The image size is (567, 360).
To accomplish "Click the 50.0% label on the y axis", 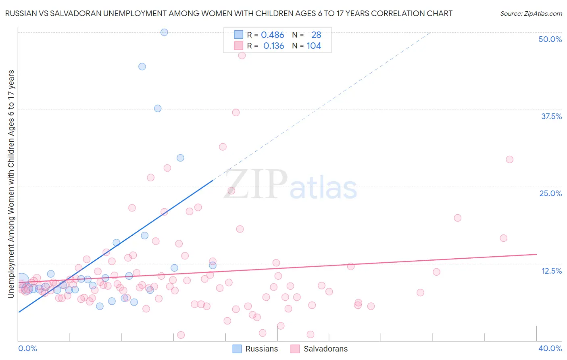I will (x=550, y=39).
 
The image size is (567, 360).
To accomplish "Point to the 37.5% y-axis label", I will (x=551, y=116).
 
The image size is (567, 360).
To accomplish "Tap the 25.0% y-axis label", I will (x=550, y=193).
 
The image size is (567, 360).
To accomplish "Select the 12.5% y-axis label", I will (x=551, y=271).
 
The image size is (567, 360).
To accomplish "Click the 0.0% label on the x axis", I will (x=27, y=348).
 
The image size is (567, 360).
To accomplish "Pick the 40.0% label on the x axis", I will (x=550, y=348).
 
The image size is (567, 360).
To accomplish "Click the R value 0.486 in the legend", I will (x=273, y=35).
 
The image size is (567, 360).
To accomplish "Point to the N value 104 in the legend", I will (x=314, y=46).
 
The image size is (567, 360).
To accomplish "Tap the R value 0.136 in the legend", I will (x=273, y=46).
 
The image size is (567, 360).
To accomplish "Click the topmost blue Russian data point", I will (x=164, y=32).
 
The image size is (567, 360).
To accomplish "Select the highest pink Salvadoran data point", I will (x=242, y=56).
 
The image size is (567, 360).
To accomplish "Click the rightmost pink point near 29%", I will (x=509, y=159).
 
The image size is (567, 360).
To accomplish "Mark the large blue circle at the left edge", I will (x=21, y=280).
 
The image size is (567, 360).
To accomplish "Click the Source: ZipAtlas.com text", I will (x=531, y=14).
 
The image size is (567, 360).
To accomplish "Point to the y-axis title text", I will (x=11, y=184).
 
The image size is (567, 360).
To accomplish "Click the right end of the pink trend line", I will (x=536, y=254).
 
